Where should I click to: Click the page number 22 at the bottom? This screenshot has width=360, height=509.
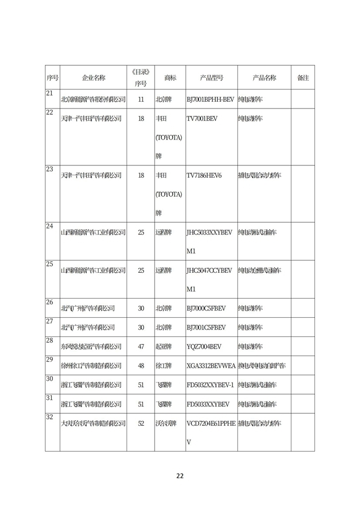click(180, 475)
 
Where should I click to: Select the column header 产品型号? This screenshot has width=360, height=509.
click(211, 78)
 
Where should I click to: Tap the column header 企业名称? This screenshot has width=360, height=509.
click(93, 78)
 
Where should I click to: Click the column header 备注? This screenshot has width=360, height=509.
click(303, 78)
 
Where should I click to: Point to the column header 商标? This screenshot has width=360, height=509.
click(170, 78)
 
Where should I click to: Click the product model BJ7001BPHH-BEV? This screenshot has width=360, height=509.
click(210, 100)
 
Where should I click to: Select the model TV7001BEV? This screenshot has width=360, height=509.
click(201, 119)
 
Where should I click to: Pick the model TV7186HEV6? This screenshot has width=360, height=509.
click(204, 175)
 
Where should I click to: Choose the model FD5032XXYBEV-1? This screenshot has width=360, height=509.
click(210, 385)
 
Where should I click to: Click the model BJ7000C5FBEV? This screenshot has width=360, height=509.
click(206, 308)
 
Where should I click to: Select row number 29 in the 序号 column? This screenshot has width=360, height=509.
click(49, 360)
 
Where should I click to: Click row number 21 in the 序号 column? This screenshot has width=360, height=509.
click(49, 93)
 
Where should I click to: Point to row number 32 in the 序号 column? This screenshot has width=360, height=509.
click(49, 417)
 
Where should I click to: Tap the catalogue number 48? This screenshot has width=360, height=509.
click(141, 366)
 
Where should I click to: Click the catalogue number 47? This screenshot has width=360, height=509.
click(141, 346)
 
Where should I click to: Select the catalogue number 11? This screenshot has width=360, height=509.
click(141, 100)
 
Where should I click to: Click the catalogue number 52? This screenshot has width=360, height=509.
click(141, 423)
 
